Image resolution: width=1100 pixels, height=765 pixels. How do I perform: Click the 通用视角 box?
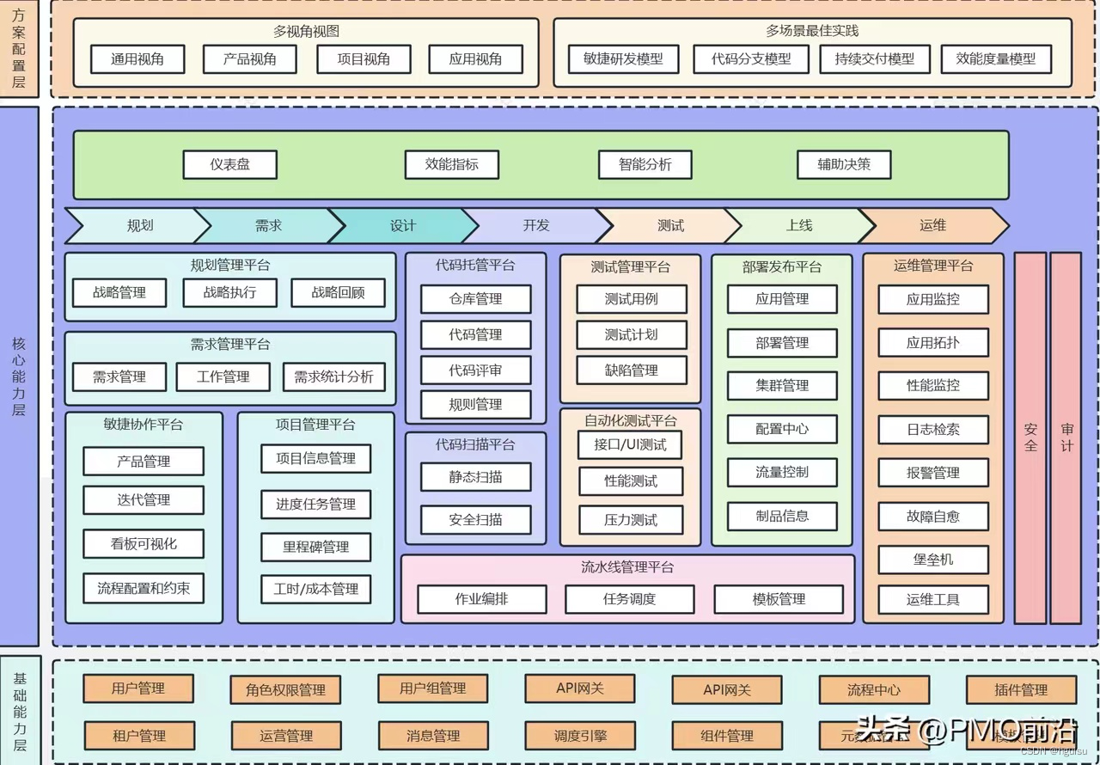click(137, 59)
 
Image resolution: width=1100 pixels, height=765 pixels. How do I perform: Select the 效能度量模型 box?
click(996, 59)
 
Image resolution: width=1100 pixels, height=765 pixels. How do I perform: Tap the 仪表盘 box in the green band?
click(229, 164)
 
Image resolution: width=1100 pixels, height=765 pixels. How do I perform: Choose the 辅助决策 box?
click(843, 164)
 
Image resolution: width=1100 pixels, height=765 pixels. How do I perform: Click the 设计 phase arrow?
click(402, 225)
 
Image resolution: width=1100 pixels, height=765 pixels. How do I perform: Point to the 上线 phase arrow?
click(798, 225)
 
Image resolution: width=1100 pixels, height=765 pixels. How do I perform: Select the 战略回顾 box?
click(338, 292)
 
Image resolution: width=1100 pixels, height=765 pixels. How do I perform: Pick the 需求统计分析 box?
click(333, 376)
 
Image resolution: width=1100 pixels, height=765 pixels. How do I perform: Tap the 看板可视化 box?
click(144, 544)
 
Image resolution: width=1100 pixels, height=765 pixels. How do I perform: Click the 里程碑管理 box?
click(315, 547)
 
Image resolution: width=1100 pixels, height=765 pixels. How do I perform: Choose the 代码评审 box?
click(475, 370)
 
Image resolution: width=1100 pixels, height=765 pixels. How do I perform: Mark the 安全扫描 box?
click(475, 519)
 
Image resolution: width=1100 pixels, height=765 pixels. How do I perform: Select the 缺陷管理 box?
click(632, 370)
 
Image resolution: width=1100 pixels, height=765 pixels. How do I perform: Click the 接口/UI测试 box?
click(630, 444)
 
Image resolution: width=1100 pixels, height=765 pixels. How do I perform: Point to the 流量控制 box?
click(782, 472)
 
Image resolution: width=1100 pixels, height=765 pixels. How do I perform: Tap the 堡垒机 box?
click(932, 560)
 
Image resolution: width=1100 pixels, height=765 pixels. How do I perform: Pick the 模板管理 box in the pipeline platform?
click(779, 599)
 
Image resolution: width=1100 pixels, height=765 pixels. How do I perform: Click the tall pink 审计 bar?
click(1066, 437)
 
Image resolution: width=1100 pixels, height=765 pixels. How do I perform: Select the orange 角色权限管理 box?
click(285, 689)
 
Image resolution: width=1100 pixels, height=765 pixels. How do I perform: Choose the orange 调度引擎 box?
click(580, 736)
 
